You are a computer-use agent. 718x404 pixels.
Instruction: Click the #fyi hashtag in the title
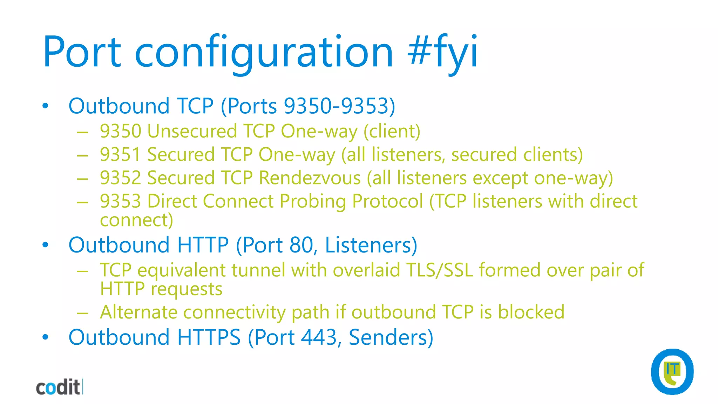(x=442, y=52)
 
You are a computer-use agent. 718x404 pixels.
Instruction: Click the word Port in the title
(x=82, y=52)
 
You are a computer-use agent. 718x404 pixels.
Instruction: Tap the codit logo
(x=59, y=387)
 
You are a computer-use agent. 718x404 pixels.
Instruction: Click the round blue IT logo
(x=672, y=372)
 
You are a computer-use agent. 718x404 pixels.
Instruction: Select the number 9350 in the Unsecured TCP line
(x=120, y=131)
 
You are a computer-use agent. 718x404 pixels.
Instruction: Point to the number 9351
(x=120, y=155)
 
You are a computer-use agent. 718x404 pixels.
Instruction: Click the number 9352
(x=120, y=178)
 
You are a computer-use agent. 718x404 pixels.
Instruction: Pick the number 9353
(x=120, y=201)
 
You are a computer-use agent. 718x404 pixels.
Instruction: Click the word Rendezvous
(x=310, y=178)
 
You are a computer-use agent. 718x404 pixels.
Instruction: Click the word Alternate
(x=138, y=312)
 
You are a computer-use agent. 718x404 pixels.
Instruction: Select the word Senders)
(x=391, y=337)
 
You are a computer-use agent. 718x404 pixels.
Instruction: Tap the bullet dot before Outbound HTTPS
(x=45, y=337)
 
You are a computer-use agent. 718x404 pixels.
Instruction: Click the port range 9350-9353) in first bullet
(x=339, y=106)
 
